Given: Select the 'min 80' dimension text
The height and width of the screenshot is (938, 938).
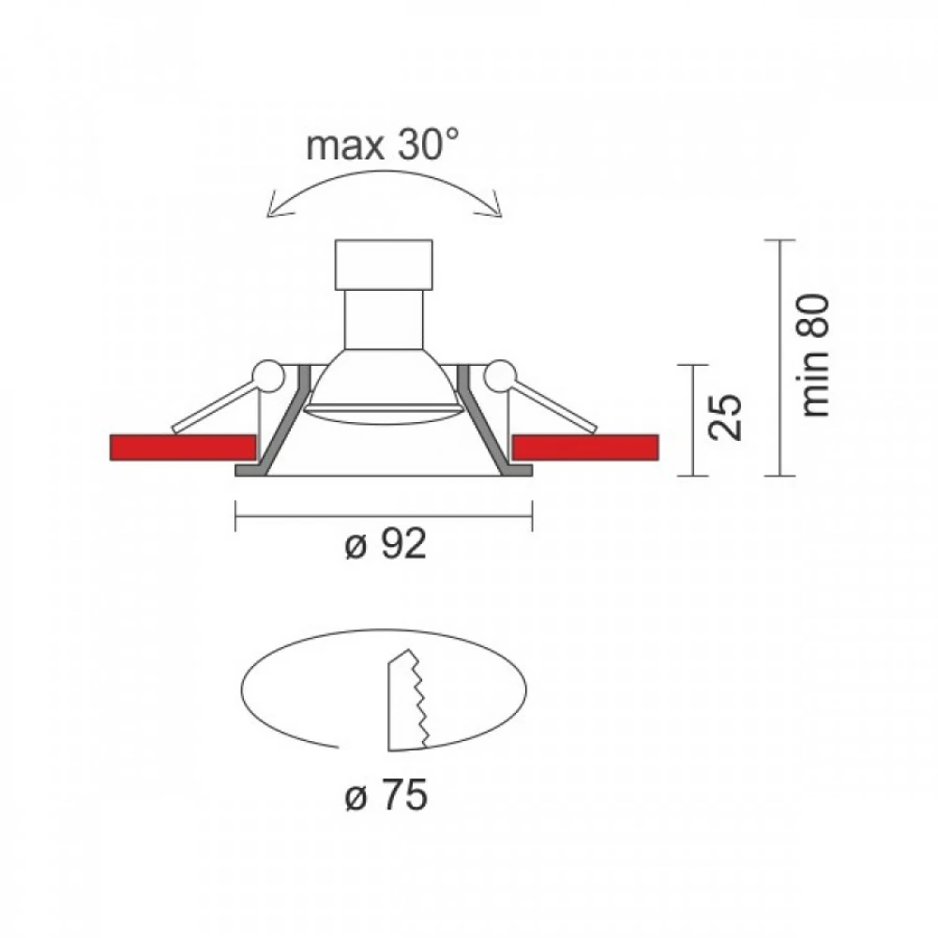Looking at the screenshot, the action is tap(814, 356).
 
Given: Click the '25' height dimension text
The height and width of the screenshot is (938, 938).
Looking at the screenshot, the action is tap(724, 417).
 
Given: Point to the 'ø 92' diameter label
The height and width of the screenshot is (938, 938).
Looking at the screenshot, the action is tap(386, 545).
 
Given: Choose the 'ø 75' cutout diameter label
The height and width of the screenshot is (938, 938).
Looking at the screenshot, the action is tap(386, 795).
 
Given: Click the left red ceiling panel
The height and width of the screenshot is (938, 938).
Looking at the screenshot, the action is tap(183, 447).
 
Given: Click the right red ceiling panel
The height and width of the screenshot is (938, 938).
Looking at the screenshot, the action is tap(585, 447).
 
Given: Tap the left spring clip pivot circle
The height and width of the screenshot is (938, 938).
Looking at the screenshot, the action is tap(268, 376).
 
